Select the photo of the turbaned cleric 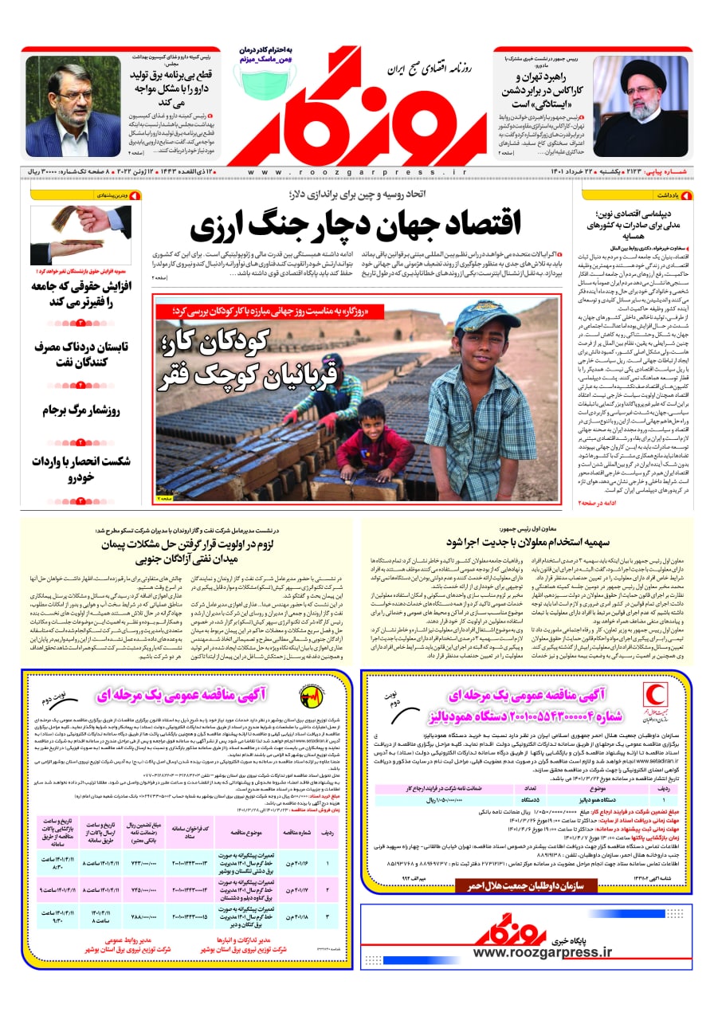pos(641,105)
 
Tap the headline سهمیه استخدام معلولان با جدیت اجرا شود pos(527,543)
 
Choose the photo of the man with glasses pos(73,105)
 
